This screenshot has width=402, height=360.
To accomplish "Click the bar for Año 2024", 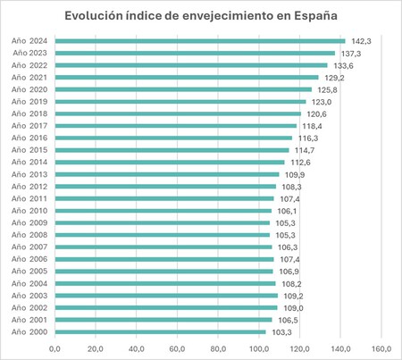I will pyautogui.click(x=199, y=41).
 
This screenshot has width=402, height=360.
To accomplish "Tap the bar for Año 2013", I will pyautogui.click(x=166, y=174).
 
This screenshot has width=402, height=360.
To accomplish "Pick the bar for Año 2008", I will pyautogui.click(x=162, y=235).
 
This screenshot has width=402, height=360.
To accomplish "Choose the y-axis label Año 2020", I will pyautogui.click(x=30, y=89).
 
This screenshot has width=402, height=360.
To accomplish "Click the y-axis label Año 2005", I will pyautogui.click(x=30, y=271).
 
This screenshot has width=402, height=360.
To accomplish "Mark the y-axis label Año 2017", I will pyautogui.click(x=30, y=126).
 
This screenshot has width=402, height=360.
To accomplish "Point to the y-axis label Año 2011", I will pyautogui.click(x=30, y=198).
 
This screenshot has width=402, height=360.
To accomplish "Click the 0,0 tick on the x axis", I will pyautogui.click(x=54, y=347).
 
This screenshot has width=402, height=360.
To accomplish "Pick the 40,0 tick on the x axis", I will pyautogui.click(x=137, y=347).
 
